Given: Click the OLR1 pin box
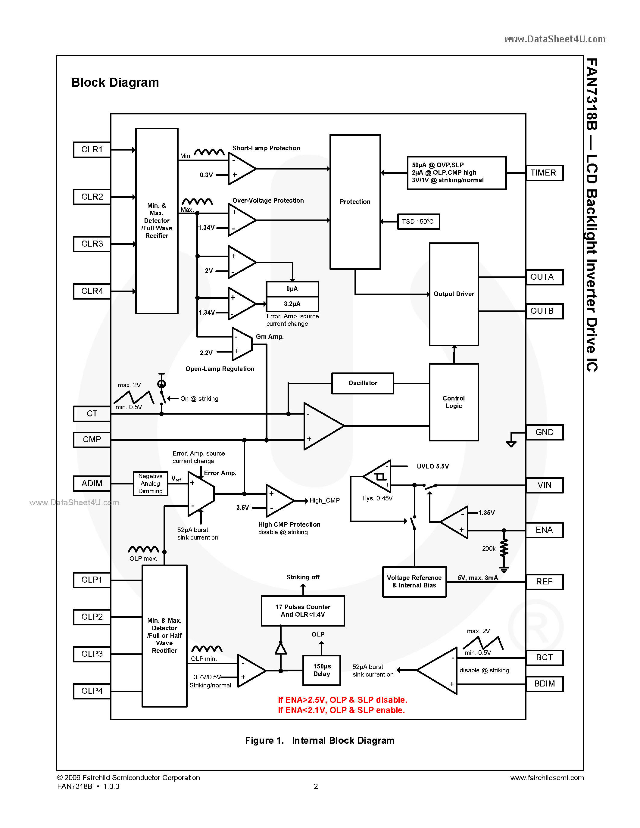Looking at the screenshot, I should tap(92, 149).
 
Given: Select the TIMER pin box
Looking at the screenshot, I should tap(544, 173).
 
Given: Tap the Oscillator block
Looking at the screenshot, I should tap(362, 383).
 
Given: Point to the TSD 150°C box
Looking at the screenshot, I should tap(418, 221).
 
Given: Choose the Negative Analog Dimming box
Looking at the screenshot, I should tap(150, 483).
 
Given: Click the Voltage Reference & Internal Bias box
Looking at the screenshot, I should tap(414, 582).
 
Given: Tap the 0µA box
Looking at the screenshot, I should tap(292, 289).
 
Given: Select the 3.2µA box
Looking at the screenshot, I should tap(292, 304).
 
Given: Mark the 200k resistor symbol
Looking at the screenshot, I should tap(504, 549).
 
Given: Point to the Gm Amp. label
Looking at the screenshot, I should tap(270, 337).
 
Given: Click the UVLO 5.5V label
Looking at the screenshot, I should tap(432, 466).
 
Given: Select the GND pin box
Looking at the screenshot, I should tap(544, 432).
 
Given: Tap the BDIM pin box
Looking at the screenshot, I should tap(544, 683).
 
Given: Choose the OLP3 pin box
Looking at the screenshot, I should tap(92, 654).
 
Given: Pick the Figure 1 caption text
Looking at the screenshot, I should tap(320, 740).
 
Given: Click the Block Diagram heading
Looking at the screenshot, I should tap(115, 82).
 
